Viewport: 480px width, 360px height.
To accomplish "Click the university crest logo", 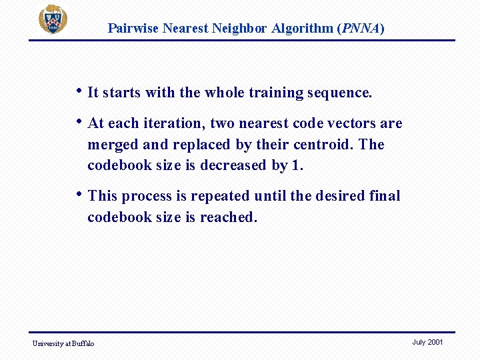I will coord(53,19).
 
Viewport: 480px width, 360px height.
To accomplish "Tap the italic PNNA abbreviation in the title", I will coord(361,28).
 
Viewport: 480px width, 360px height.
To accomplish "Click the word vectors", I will coord(351,123).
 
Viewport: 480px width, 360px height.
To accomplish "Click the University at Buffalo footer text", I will coord(63,343).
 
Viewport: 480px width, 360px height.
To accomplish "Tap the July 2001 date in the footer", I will coord(427,342).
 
